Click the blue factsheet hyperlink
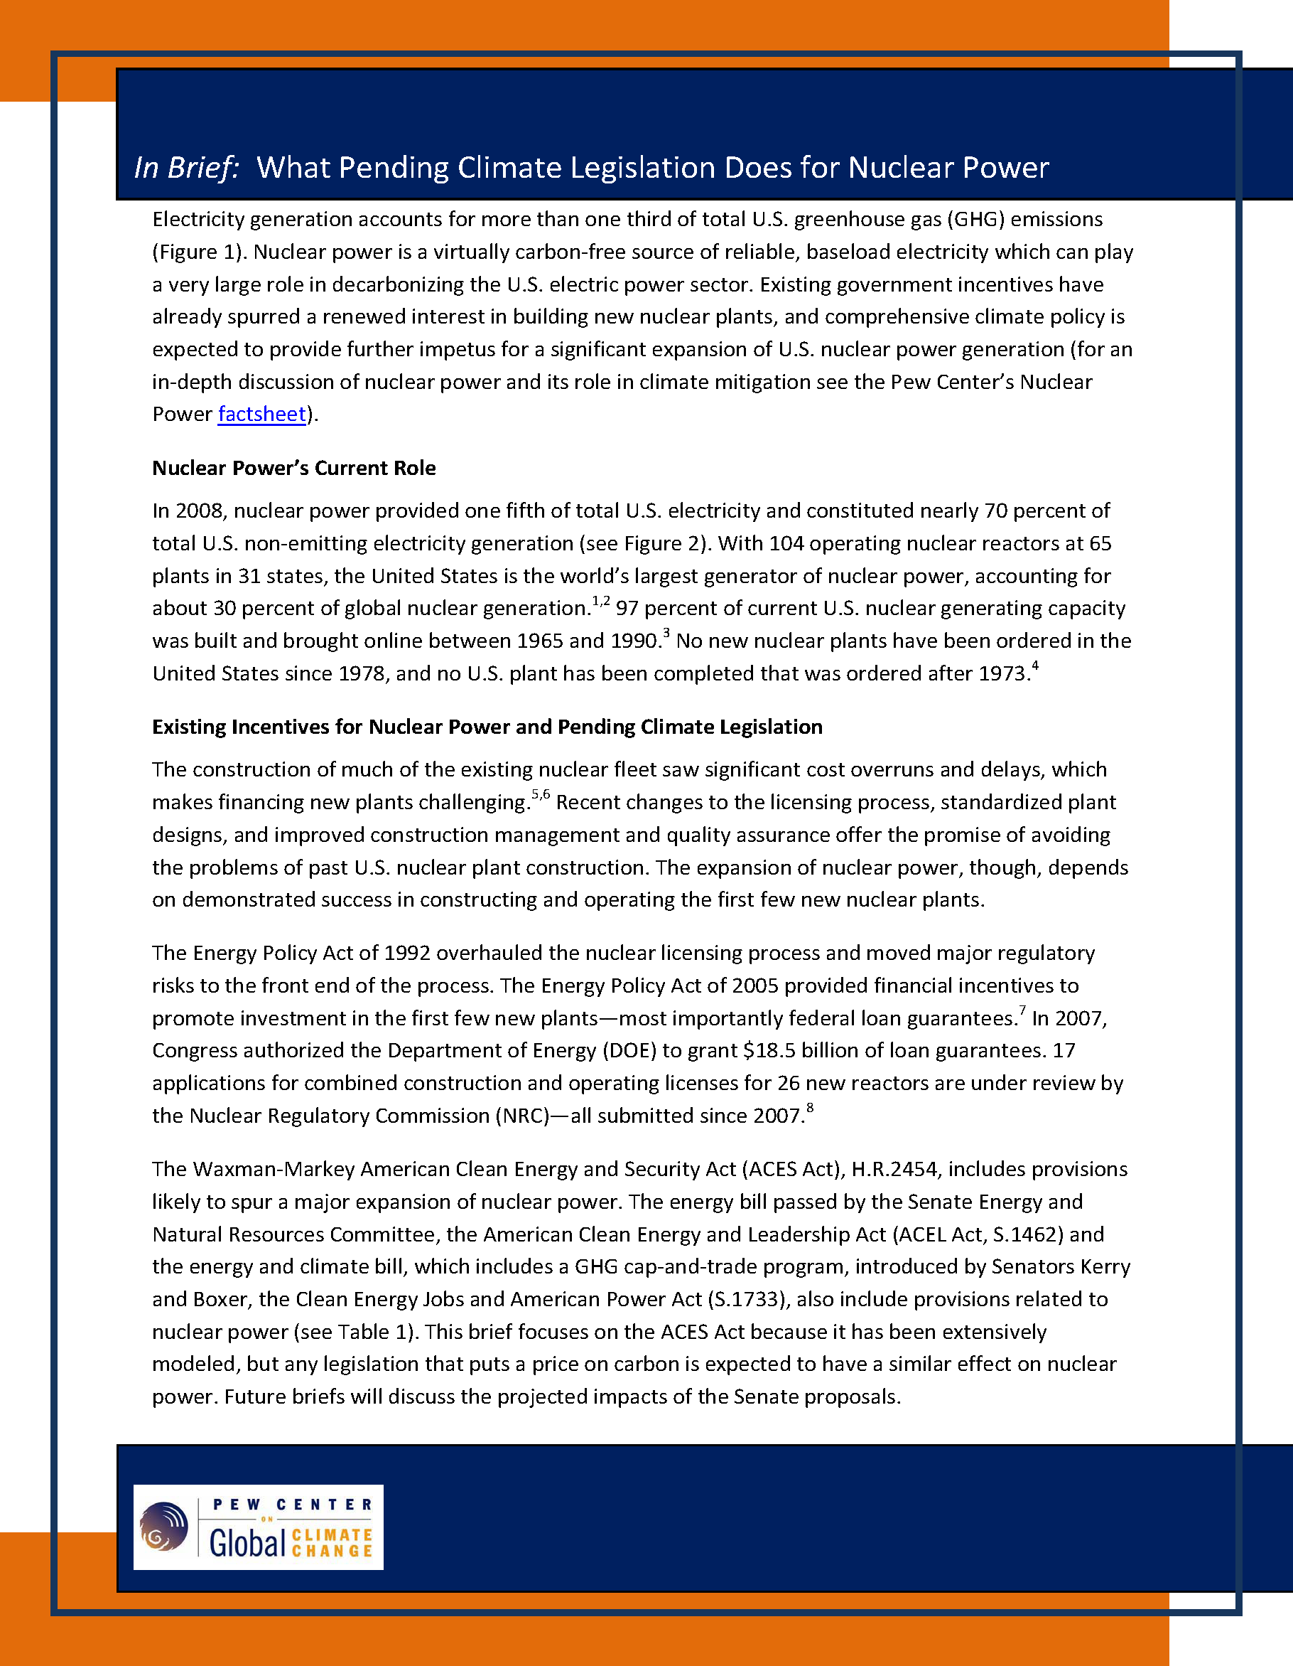coord(261,415)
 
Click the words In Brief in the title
coord(187,168)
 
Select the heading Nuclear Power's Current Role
coord(293,469)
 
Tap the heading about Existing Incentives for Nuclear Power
coord(487,727)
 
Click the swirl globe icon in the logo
coord(164,1527)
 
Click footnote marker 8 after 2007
coord(810,1108)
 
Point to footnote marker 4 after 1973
coord(1034,666)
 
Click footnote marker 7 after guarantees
coord(1022,1010)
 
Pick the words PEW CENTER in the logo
coord(293,1505)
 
